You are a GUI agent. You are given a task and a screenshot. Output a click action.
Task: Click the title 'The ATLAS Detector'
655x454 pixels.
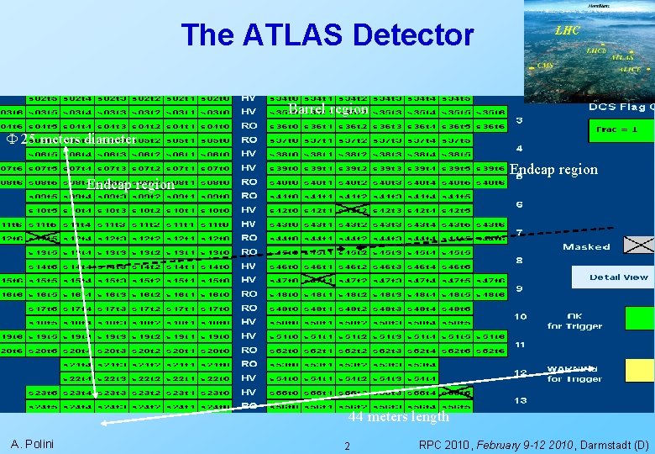(x=327, y=35)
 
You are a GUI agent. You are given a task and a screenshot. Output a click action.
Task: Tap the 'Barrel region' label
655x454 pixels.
(x=327, y=109)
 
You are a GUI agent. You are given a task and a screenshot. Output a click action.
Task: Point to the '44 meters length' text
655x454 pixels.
(x=399, y=416)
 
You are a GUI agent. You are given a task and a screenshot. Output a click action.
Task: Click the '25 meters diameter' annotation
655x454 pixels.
(x=71, y=140)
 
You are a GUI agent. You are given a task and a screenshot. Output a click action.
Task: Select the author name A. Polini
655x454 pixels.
(x=32, y=443)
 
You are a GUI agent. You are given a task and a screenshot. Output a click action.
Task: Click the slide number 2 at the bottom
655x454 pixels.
(x=348, y=446)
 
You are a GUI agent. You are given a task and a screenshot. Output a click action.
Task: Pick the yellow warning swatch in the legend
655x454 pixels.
(x=640, y=369)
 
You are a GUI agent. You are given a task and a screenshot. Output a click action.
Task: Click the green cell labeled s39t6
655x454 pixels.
(x=490, y=167)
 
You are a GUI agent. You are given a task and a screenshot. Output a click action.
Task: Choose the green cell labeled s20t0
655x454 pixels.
(x=219, y=350)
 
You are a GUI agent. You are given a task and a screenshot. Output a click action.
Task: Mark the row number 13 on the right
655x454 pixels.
(x=520, y=400)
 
